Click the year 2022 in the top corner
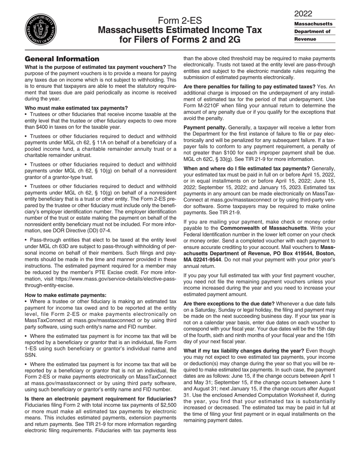click(x=303, y=14)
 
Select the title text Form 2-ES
click(x=180, y=20)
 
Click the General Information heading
click(x=62, y=59)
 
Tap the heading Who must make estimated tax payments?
click(x=76, y=108)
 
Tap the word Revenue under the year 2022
click(x=305, y=39)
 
